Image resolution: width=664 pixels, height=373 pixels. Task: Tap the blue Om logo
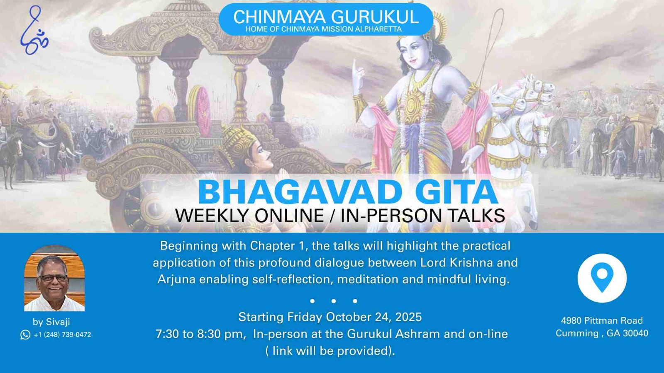pos(34,30)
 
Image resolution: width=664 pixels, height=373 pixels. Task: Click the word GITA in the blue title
pos(456,192)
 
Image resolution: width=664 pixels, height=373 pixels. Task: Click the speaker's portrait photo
pos(54,278)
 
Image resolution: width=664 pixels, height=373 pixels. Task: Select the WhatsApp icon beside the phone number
pos(25,334)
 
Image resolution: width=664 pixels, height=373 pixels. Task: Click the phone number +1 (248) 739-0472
pos(62,334)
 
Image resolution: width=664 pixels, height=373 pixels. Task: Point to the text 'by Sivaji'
pos(51,322)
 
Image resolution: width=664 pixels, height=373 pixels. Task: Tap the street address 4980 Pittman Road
pos(602,320)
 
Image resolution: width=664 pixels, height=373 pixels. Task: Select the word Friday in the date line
pos(305,317)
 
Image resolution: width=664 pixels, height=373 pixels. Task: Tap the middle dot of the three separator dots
pos(334,301)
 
